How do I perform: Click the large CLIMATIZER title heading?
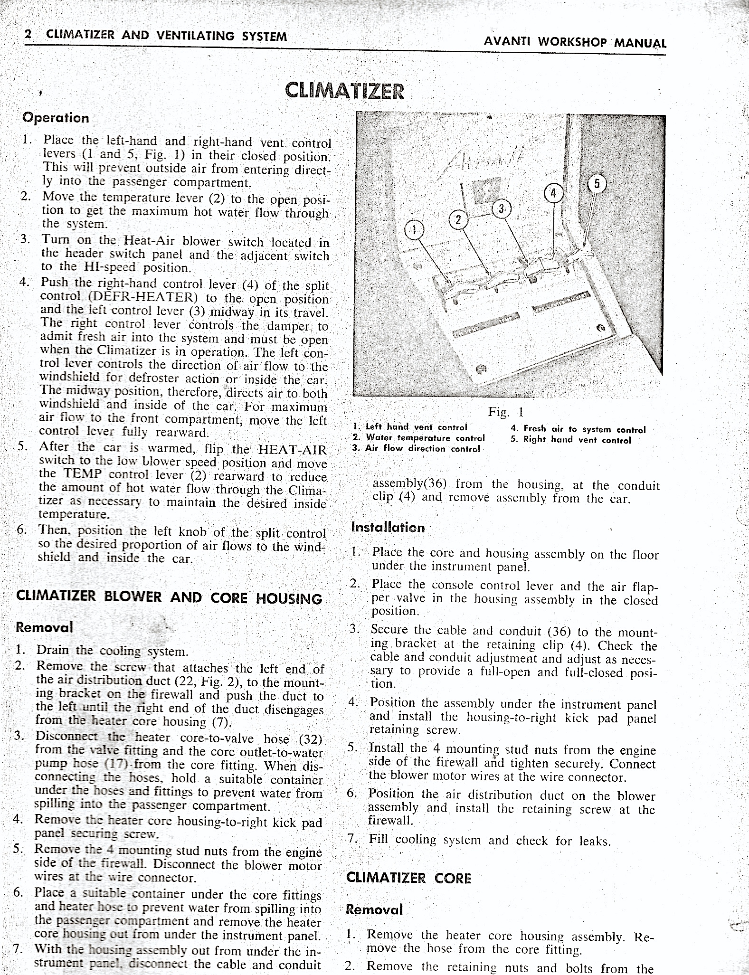click(x=344, y=90)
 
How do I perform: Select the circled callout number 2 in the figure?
click(x=458, y=219)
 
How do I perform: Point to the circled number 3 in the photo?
click(x=501, y=208)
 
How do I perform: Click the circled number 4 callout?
click(x=553, y=194)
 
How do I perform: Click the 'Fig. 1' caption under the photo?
click(x=505, y=412)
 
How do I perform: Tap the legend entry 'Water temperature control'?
click(x=418, y=438)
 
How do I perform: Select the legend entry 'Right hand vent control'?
click(x=571, y=440)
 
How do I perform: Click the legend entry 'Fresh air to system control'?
click(x=578, y=429)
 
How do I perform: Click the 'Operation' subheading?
click(x=56, y=118)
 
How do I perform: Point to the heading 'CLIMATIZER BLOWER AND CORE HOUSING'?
click(x=169, y=597)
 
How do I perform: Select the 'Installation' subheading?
click(x=388, y=527)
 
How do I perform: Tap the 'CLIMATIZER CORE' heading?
click(x=408, y=878)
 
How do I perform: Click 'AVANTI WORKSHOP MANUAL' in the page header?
click(x=575, y=42)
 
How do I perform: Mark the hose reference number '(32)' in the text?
click(x=311, y=739)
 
